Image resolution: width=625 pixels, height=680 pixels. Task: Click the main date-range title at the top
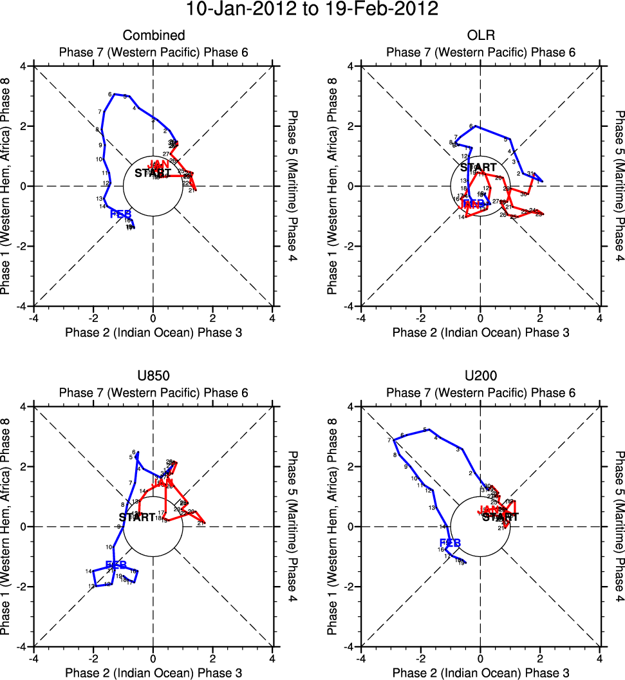pos(312,10)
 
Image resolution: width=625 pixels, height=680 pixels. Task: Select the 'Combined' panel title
pos(154,35)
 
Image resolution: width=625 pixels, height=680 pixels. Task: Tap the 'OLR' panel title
pos(480,35)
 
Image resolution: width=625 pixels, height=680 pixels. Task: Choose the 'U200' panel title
pos(480,376)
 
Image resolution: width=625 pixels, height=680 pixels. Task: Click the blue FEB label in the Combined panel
pos(121,214)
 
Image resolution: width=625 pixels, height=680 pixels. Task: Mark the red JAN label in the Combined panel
pos(159,164)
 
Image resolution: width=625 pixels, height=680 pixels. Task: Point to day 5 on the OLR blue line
pos(507,139)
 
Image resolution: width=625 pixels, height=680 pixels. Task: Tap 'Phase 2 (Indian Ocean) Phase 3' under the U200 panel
pos(480,672)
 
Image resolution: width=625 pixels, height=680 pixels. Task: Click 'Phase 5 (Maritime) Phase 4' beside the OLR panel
pos(619,186)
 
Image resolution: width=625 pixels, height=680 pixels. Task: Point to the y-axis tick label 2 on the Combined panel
pos(27,126)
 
